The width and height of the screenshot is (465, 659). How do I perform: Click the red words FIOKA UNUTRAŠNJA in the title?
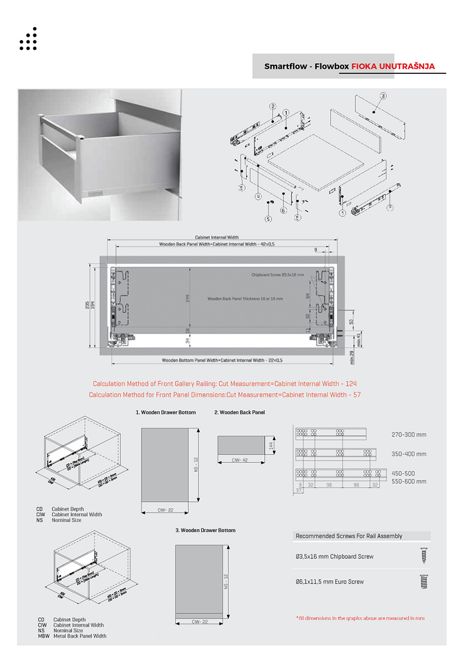coord(393,66)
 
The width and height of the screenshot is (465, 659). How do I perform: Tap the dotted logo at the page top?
coord(28,39)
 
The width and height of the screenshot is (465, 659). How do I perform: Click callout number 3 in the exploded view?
coord(383,96)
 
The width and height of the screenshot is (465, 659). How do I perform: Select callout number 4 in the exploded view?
coord(258,196)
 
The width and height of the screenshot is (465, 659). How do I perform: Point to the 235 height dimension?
coord(87,305)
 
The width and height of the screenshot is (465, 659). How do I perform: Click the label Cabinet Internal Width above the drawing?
coord(217,238)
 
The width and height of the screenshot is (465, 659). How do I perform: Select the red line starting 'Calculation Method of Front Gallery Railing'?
coord(224,384)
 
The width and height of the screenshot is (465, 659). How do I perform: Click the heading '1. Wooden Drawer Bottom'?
coord(166,412)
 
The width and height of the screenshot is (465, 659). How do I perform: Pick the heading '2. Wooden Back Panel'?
coord(240,412)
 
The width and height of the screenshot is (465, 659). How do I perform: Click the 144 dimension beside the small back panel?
coord(270,445)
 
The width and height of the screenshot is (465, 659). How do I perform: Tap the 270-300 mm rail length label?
coord(409,435)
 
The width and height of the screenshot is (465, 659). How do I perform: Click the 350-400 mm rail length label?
coord(409,454)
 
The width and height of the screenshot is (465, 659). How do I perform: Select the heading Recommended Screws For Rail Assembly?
coord(349,536)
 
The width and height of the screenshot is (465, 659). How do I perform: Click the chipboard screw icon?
coord(423,556)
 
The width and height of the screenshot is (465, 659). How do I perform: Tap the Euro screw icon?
coord(423,581)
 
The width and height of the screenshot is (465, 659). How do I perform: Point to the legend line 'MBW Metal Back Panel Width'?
coord(72,636)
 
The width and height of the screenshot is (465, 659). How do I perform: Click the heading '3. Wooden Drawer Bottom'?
coord(205,531)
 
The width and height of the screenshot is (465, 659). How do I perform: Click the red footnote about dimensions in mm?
coord(360,618)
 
